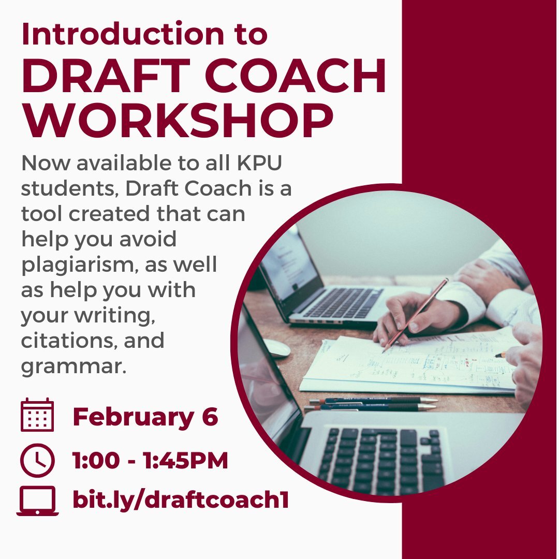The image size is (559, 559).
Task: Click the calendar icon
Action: coord(37,415)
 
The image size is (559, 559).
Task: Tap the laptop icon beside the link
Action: coord(37,501)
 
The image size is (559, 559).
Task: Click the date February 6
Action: coord(145,417)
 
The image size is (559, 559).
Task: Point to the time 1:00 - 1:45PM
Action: coord(150,461)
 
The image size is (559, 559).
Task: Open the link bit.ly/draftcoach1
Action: coord(180,501)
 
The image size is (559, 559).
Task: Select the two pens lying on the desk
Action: coord(373,404)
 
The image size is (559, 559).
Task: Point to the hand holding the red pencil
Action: coord(414,313)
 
